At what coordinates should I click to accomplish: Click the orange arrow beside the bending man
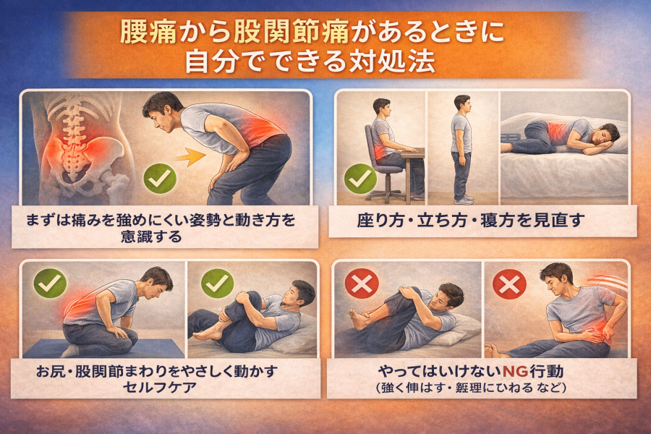pos(191,156)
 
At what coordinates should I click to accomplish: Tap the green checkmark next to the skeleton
pos(160,178)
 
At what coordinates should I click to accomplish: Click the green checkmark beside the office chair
pos(360,178)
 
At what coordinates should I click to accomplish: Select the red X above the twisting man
pos(509,284)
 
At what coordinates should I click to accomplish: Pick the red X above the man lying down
pos(362,284)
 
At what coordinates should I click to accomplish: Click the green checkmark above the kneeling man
pos(50,284)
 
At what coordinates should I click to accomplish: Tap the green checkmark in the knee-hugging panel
pos(217,284)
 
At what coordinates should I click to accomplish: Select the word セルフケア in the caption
pos(160,388)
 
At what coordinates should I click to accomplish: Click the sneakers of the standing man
pos(464,200)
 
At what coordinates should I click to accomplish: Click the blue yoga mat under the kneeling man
pos(103,348)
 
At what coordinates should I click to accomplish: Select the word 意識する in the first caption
pos(152,237)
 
